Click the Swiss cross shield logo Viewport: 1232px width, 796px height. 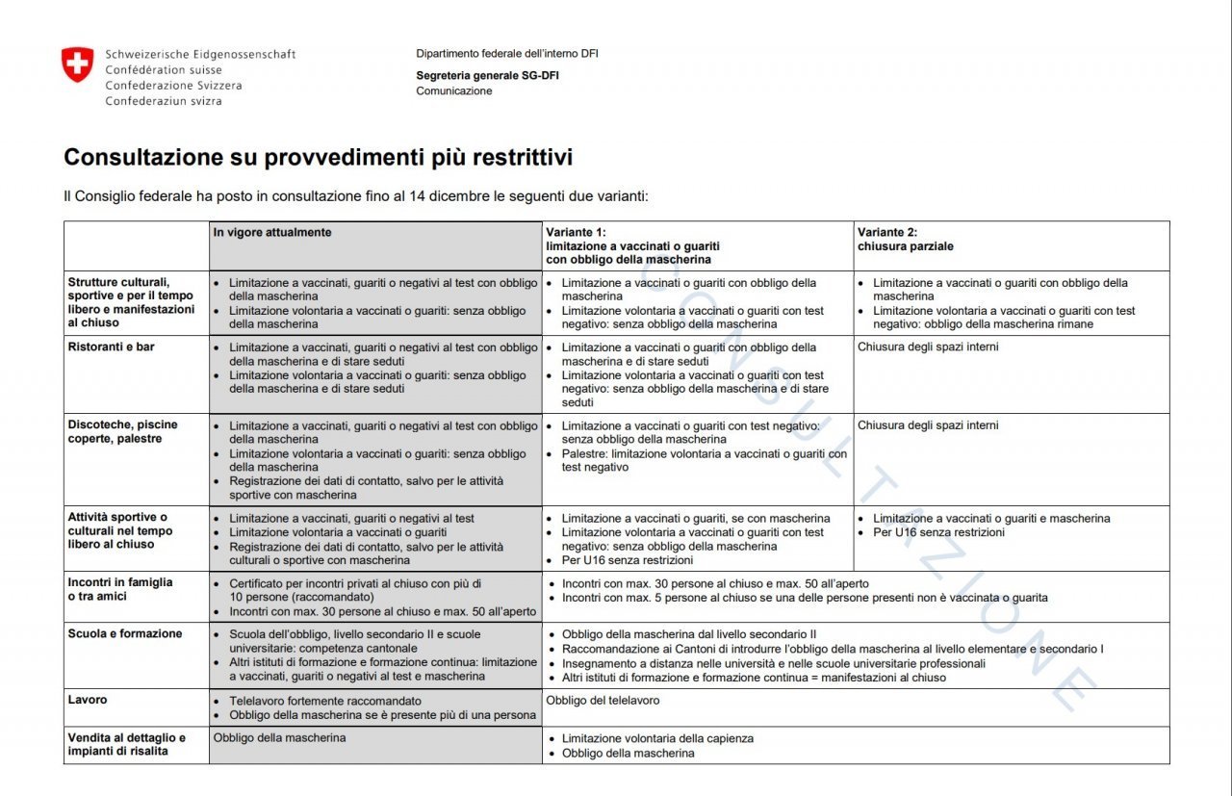[x=78, y=65]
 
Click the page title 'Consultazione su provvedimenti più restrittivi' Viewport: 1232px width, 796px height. [x=318, y=158]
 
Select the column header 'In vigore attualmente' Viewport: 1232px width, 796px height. [x=272, y=233]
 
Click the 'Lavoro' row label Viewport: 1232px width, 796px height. [x=88, y=700]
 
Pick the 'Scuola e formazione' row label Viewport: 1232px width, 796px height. [x=124, y=634]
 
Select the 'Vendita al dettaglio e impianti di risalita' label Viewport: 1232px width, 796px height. [x=126, y=744]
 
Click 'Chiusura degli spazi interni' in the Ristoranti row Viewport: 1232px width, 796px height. [x=928, y=347]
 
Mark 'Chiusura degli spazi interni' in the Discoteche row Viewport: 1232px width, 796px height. [x=928, y=425]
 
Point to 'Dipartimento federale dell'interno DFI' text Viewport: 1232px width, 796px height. [x=506, y=54]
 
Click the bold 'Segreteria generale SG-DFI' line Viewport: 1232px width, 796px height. [x=487, y=76]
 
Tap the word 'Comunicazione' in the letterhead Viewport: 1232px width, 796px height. [x=453, y=91]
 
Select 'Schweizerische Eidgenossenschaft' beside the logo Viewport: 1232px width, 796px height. [x=200, y=55]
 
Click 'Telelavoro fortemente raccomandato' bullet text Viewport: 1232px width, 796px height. [x=325, y=702]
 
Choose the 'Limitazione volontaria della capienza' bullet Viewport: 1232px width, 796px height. [x=657, y=739]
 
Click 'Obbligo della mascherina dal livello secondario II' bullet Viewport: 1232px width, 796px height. [x=689, y=634]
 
